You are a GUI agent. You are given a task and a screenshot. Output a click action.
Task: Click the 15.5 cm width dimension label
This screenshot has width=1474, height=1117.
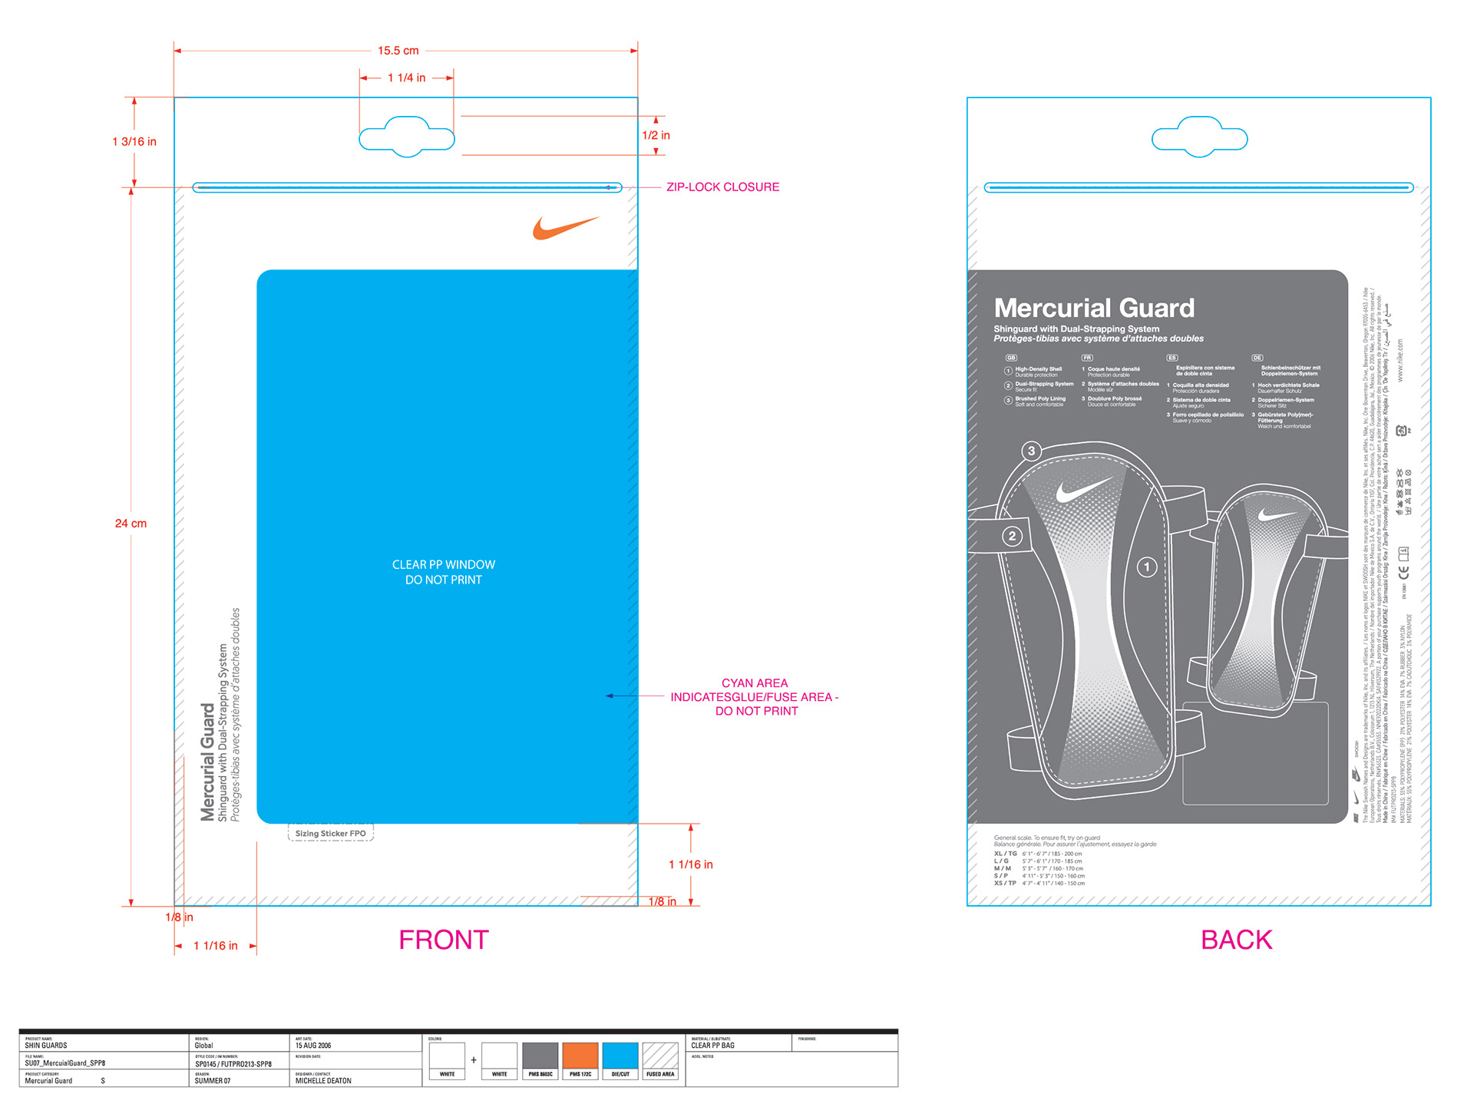point(398,51)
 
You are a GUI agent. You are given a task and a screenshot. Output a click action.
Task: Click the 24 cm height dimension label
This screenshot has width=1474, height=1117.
point(131,524)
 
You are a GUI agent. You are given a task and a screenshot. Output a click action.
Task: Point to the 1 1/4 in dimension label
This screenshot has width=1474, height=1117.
point(406,78)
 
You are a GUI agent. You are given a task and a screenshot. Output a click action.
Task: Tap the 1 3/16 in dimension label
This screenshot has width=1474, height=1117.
point(134,141)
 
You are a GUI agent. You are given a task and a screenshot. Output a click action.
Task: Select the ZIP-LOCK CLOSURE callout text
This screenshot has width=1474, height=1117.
point(722,187)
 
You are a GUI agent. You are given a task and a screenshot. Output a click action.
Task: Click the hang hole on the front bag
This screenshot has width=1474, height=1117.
point(407,137)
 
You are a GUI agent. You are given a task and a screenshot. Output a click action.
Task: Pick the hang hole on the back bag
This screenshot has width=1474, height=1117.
point(1199,137)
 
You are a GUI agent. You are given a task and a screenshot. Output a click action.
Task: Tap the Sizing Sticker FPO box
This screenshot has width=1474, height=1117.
point(331,833)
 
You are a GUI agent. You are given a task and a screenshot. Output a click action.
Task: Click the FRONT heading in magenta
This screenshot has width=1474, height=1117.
point(444,940)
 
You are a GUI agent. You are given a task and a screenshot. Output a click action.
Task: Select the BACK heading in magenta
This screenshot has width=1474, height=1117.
point(1236,940)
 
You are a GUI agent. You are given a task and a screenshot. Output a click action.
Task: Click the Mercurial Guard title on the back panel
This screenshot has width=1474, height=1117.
point(1094,308)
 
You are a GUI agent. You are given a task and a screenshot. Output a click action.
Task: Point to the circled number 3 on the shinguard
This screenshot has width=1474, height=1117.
point(1032,451)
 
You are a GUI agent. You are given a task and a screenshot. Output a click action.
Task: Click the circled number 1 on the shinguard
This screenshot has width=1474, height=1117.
point(1147,567)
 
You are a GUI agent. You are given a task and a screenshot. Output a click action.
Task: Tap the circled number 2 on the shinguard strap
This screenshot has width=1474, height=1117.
point(1012,536)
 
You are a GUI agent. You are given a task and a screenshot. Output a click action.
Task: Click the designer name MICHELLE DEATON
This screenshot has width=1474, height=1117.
point(323,1081)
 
